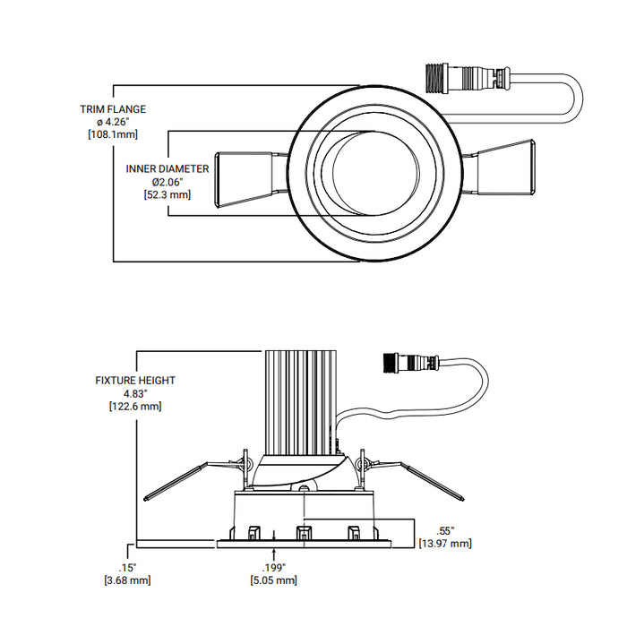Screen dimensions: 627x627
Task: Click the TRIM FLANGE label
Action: [x=112, y=109]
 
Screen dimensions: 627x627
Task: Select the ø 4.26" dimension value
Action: [x=112, y=122]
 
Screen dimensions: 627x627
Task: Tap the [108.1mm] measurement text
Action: [x=112, y=134]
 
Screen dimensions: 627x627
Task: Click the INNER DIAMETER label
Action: [x=167, y=168]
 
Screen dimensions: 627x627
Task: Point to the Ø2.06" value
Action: [x=167, y=181]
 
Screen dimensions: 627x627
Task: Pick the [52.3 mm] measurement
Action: [x=167, y=193]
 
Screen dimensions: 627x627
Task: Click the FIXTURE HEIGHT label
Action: [x=135, y=381]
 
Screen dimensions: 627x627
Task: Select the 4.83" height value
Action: [x=135, y=393]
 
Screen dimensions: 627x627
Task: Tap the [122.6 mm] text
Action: [x=135, y=406]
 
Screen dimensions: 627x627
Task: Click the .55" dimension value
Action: [x=445, y=530]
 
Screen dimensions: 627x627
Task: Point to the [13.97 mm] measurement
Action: [x=445, y=544]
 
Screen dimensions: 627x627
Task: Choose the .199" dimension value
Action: [x=273, y=567]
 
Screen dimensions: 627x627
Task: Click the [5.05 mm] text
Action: [x=273, y=580]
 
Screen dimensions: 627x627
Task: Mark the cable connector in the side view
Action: [x=411, y=364]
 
